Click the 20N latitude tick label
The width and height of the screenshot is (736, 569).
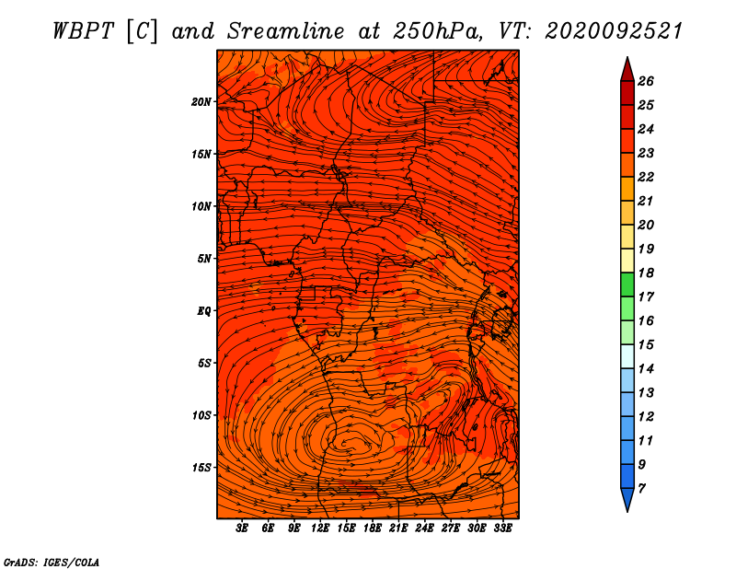[x=201, y=102]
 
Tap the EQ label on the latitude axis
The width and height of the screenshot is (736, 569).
[x=203, y=311]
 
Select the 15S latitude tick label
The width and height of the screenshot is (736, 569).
[x=201, y=468]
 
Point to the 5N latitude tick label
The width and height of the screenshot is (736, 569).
[x=204, y=259]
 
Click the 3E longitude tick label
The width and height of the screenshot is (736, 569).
[x=242, y=528]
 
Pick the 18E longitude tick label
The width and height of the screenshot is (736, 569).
[x=373, y=528]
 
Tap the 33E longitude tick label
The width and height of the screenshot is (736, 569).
[x=502, y=528]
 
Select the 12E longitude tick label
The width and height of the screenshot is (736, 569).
[x=320, y=528]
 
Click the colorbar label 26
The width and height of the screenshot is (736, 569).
[x=646, y=81]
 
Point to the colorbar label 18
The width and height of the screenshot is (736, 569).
[x=646, y=273]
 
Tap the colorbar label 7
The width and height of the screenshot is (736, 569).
[x=641, y=489]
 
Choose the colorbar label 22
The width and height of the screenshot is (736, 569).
[x=646, y=177]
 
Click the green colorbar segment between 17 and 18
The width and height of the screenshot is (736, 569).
[x=627, y=284]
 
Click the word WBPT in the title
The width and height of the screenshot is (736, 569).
[x=83, y=31]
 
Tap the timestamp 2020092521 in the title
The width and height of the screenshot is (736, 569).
[x=614, y=31]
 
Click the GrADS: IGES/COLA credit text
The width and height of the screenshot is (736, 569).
[x=52, y=563]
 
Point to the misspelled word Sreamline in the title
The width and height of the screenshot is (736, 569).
[x=286, y=31]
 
